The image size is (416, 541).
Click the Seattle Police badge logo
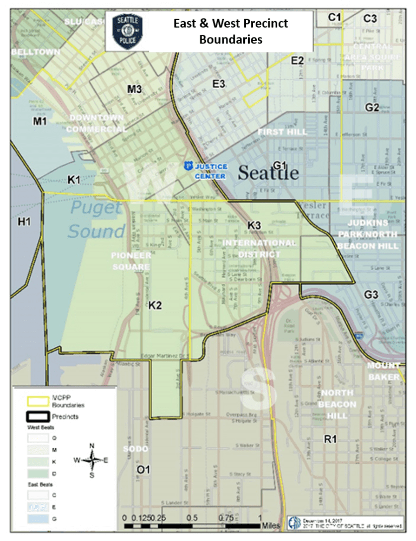pyautogui.click(x=127, y=30)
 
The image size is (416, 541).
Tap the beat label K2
pyautogui.click(x=155, y=305)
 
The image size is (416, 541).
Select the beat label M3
pyautogui.click(x=135, y=89)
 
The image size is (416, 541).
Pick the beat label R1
pyautogui.click(x=330, y=439)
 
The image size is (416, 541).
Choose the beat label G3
pyautogui.click(x=371, y=296)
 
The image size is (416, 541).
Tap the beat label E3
pyautogui.click(x=219, y=84)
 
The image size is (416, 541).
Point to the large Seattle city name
pyautogui.click(x=268, y=173)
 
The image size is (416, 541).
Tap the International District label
pyautogui.click(x=259, y=249)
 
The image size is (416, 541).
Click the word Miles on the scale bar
pyautogui.click(x=270, y=526)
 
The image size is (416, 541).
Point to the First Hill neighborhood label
pyautogui.click(x=282, y=132)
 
